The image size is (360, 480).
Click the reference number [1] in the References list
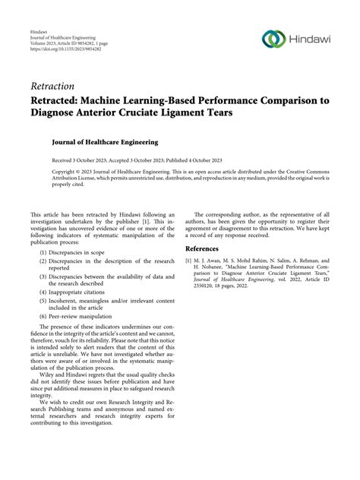(189, 260)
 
